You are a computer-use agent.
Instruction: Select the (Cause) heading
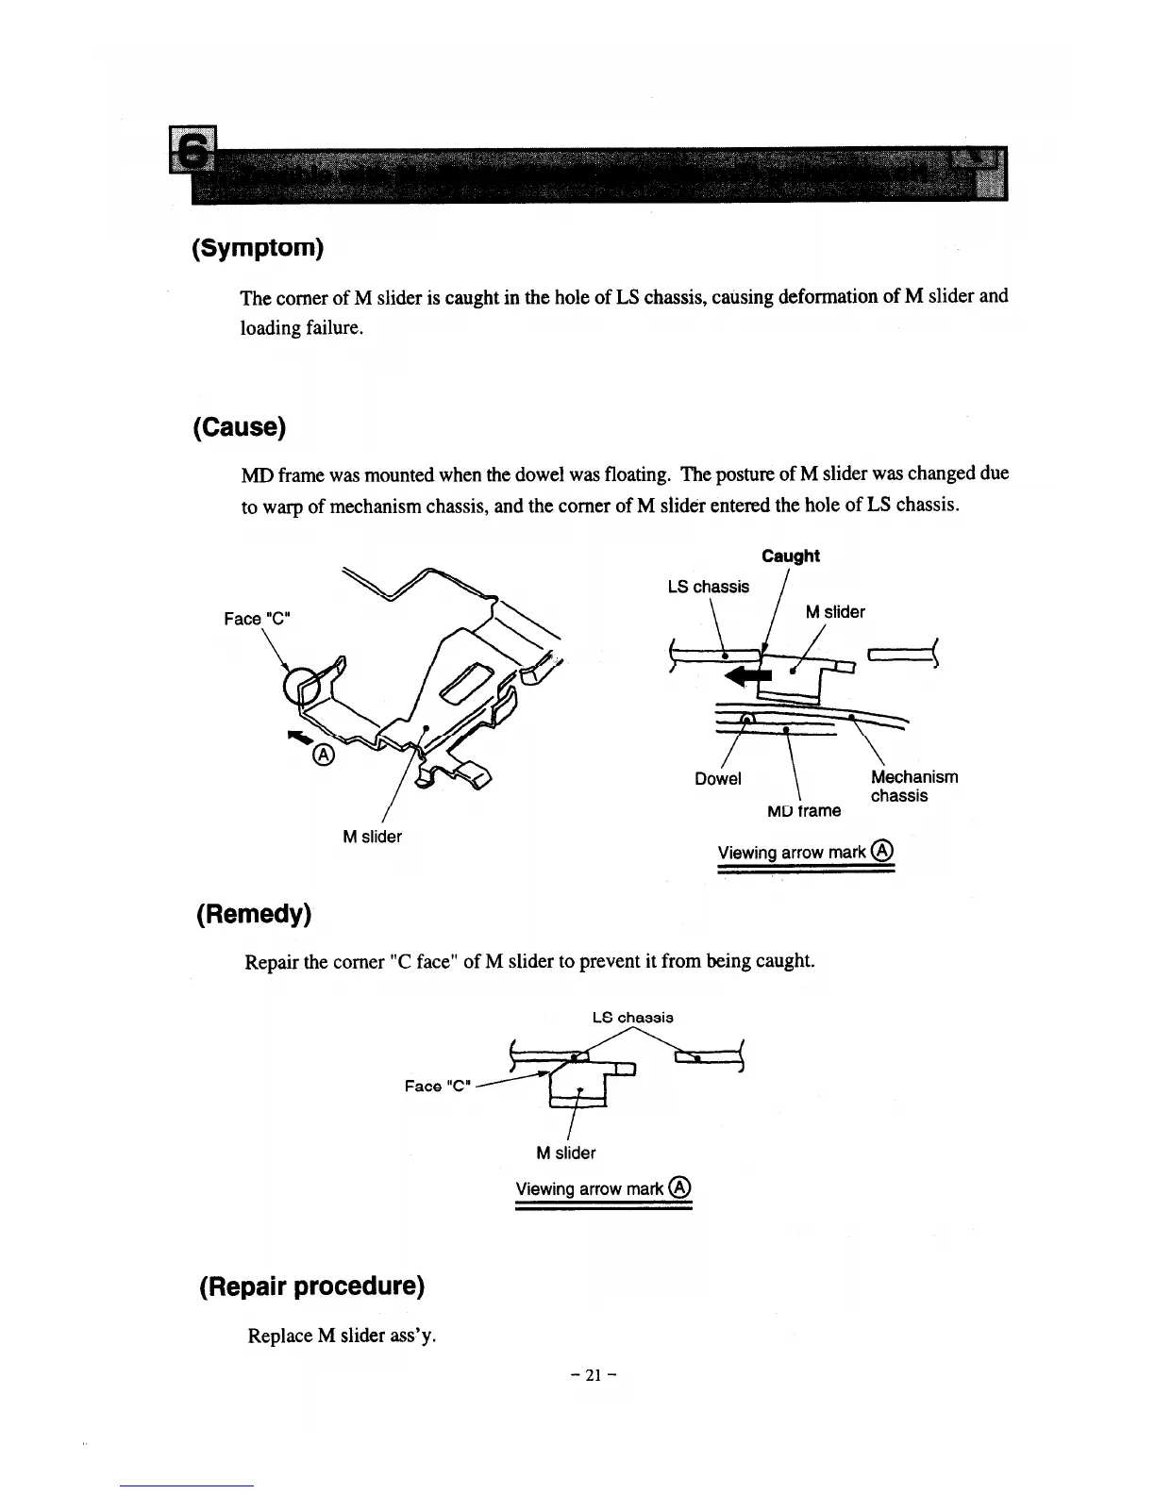coord(239,427)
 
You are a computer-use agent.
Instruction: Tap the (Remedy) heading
coord(253,914)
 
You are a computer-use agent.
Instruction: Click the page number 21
coord(594,1374)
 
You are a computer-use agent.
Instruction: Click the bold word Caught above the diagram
coord(790,556)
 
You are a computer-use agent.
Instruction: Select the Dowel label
coord(717,779)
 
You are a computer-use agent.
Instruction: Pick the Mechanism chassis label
coord(912,786)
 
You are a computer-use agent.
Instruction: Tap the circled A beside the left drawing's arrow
coord(323,755)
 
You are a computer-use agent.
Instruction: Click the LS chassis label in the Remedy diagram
coord(632,1018)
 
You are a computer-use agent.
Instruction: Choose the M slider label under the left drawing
coord(372,837)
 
